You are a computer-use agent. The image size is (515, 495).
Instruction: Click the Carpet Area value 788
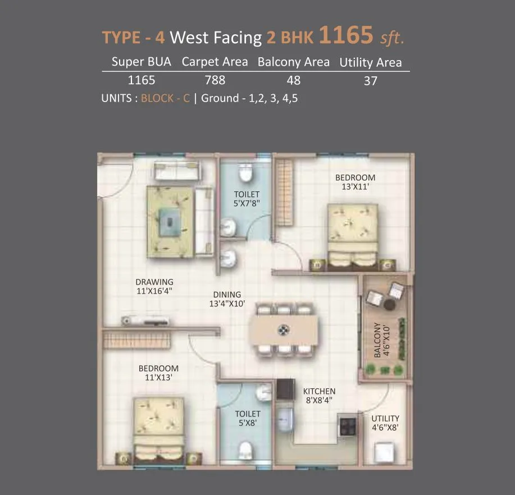coord(215,80)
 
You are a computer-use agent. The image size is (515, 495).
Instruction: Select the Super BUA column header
coord(141,62)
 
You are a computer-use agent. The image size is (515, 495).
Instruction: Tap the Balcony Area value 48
coord(293,80)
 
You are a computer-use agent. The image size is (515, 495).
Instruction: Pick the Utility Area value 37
coord(370,81)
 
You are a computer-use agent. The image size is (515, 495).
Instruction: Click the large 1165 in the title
coord(347,35)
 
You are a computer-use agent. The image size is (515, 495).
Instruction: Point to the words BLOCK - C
coord(165,98)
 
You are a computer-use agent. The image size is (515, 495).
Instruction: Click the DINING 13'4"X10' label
coord(227,299)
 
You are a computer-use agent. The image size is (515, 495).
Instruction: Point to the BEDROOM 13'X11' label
coord(355,182)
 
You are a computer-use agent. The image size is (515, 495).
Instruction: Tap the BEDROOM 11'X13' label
coord(158,373)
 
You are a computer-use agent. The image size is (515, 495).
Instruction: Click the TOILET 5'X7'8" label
coord(247,199)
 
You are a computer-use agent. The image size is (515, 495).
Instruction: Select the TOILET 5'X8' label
coord(248,419)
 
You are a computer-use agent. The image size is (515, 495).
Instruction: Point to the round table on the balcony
coord(389,304)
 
